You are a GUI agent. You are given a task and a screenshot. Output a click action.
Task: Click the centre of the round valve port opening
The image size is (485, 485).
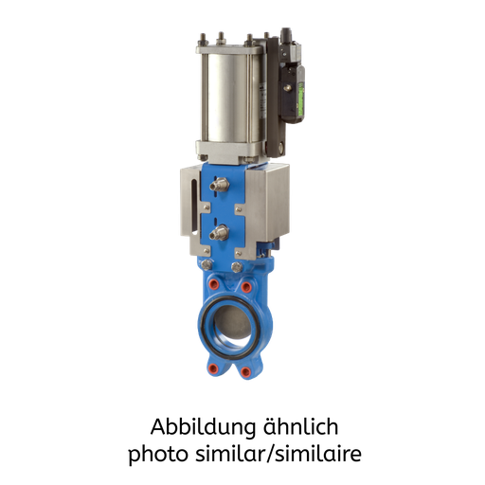[x=231, y=325]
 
